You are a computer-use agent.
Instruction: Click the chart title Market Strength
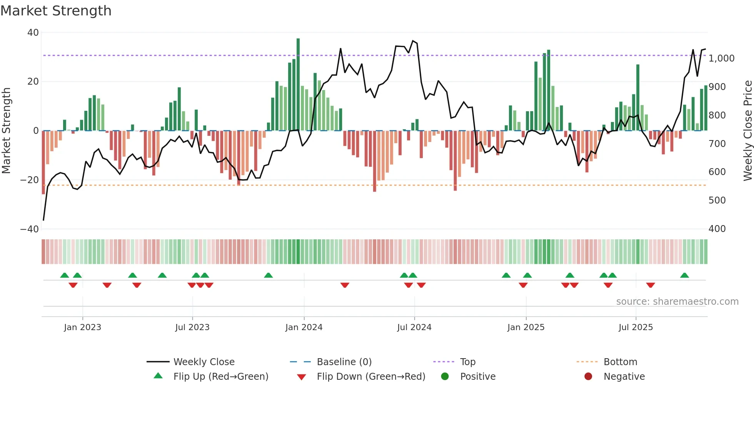(56, 11)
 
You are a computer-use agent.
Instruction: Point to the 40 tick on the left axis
(33, 33)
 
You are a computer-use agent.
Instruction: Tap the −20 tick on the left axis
(30, 180)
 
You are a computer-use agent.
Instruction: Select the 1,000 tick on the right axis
(721, 58)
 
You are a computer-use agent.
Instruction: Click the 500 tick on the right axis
(717, 200)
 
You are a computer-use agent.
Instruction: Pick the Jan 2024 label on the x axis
(304, 327)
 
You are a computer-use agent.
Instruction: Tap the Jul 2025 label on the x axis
(636, 327)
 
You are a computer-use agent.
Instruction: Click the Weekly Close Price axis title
(747, 131)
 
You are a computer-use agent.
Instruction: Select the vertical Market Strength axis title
(7, 131)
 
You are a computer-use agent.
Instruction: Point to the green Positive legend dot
(445, 376)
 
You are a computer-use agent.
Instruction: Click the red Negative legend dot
(588, 376)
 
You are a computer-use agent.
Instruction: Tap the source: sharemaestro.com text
(677, 302)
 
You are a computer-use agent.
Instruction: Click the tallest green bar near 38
(298, 85)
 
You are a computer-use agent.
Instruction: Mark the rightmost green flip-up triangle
(684, 275)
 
